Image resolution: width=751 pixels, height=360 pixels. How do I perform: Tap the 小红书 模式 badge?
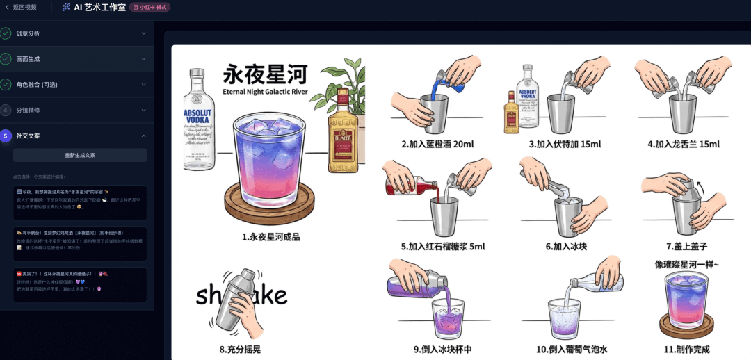[x=150, y=7]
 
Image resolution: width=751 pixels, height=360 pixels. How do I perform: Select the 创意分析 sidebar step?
[x=28, y=33]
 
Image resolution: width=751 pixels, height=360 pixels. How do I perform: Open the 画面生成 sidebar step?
[x=28, y=59]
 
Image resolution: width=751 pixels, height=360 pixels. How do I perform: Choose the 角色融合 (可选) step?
[x=37, y=85]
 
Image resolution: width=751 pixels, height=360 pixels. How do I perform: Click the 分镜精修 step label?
[x=28, y=111]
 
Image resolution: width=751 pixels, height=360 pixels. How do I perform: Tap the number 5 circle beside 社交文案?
[x=6, y=136]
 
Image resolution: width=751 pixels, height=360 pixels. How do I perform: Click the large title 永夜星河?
[x=266, y=75]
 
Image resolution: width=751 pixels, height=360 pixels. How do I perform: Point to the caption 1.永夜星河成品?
[x=271, y=237]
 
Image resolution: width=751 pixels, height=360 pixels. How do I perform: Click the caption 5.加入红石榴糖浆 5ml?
[x=443, y=247]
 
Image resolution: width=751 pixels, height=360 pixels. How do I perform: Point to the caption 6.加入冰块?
[x=567, y=247]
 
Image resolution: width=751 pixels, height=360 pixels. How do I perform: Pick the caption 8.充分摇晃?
[x=240, y=350]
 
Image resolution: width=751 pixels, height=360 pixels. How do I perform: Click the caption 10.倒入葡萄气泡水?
[x=572, y=350]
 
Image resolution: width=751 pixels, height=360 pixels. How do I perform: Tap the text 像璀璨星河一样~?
[x=687, y=264]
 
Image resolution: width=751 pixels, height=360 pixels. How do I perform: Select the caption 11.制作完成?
[x=687, y=350]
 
